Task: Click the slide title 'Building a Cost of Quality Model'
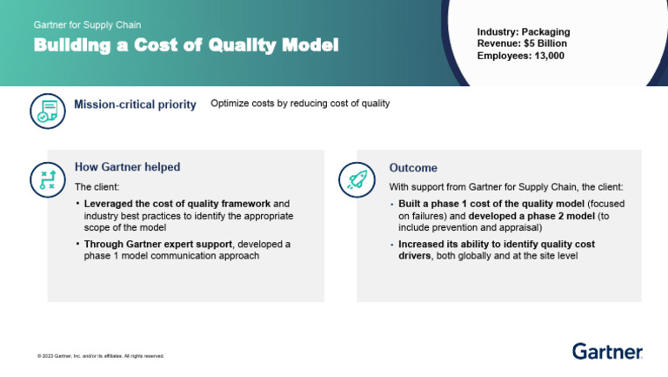pos(186,45)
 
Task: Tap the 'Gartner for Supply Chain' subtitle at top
pos(87,24)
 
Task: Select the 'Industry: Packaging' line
pos(523,32)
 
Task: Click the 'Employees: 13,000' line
pos(520,55)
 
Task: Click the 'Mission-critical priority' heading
pos(135,105)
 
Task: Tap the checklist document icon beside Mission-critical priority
pos(47,111)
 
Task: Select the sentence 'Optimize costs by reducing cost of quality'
pos(300,104)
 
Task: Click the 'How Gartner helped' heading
pos(127,167)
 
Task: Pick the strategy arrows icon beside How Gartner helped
pos(47,178)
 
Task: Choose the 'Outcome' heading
pos(413,168)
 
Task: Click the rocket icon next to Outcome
pos(356,178)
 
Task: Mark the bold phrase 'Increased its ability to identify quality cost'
pos(496,244)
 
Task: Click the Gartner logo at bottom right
pos(607,351)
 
